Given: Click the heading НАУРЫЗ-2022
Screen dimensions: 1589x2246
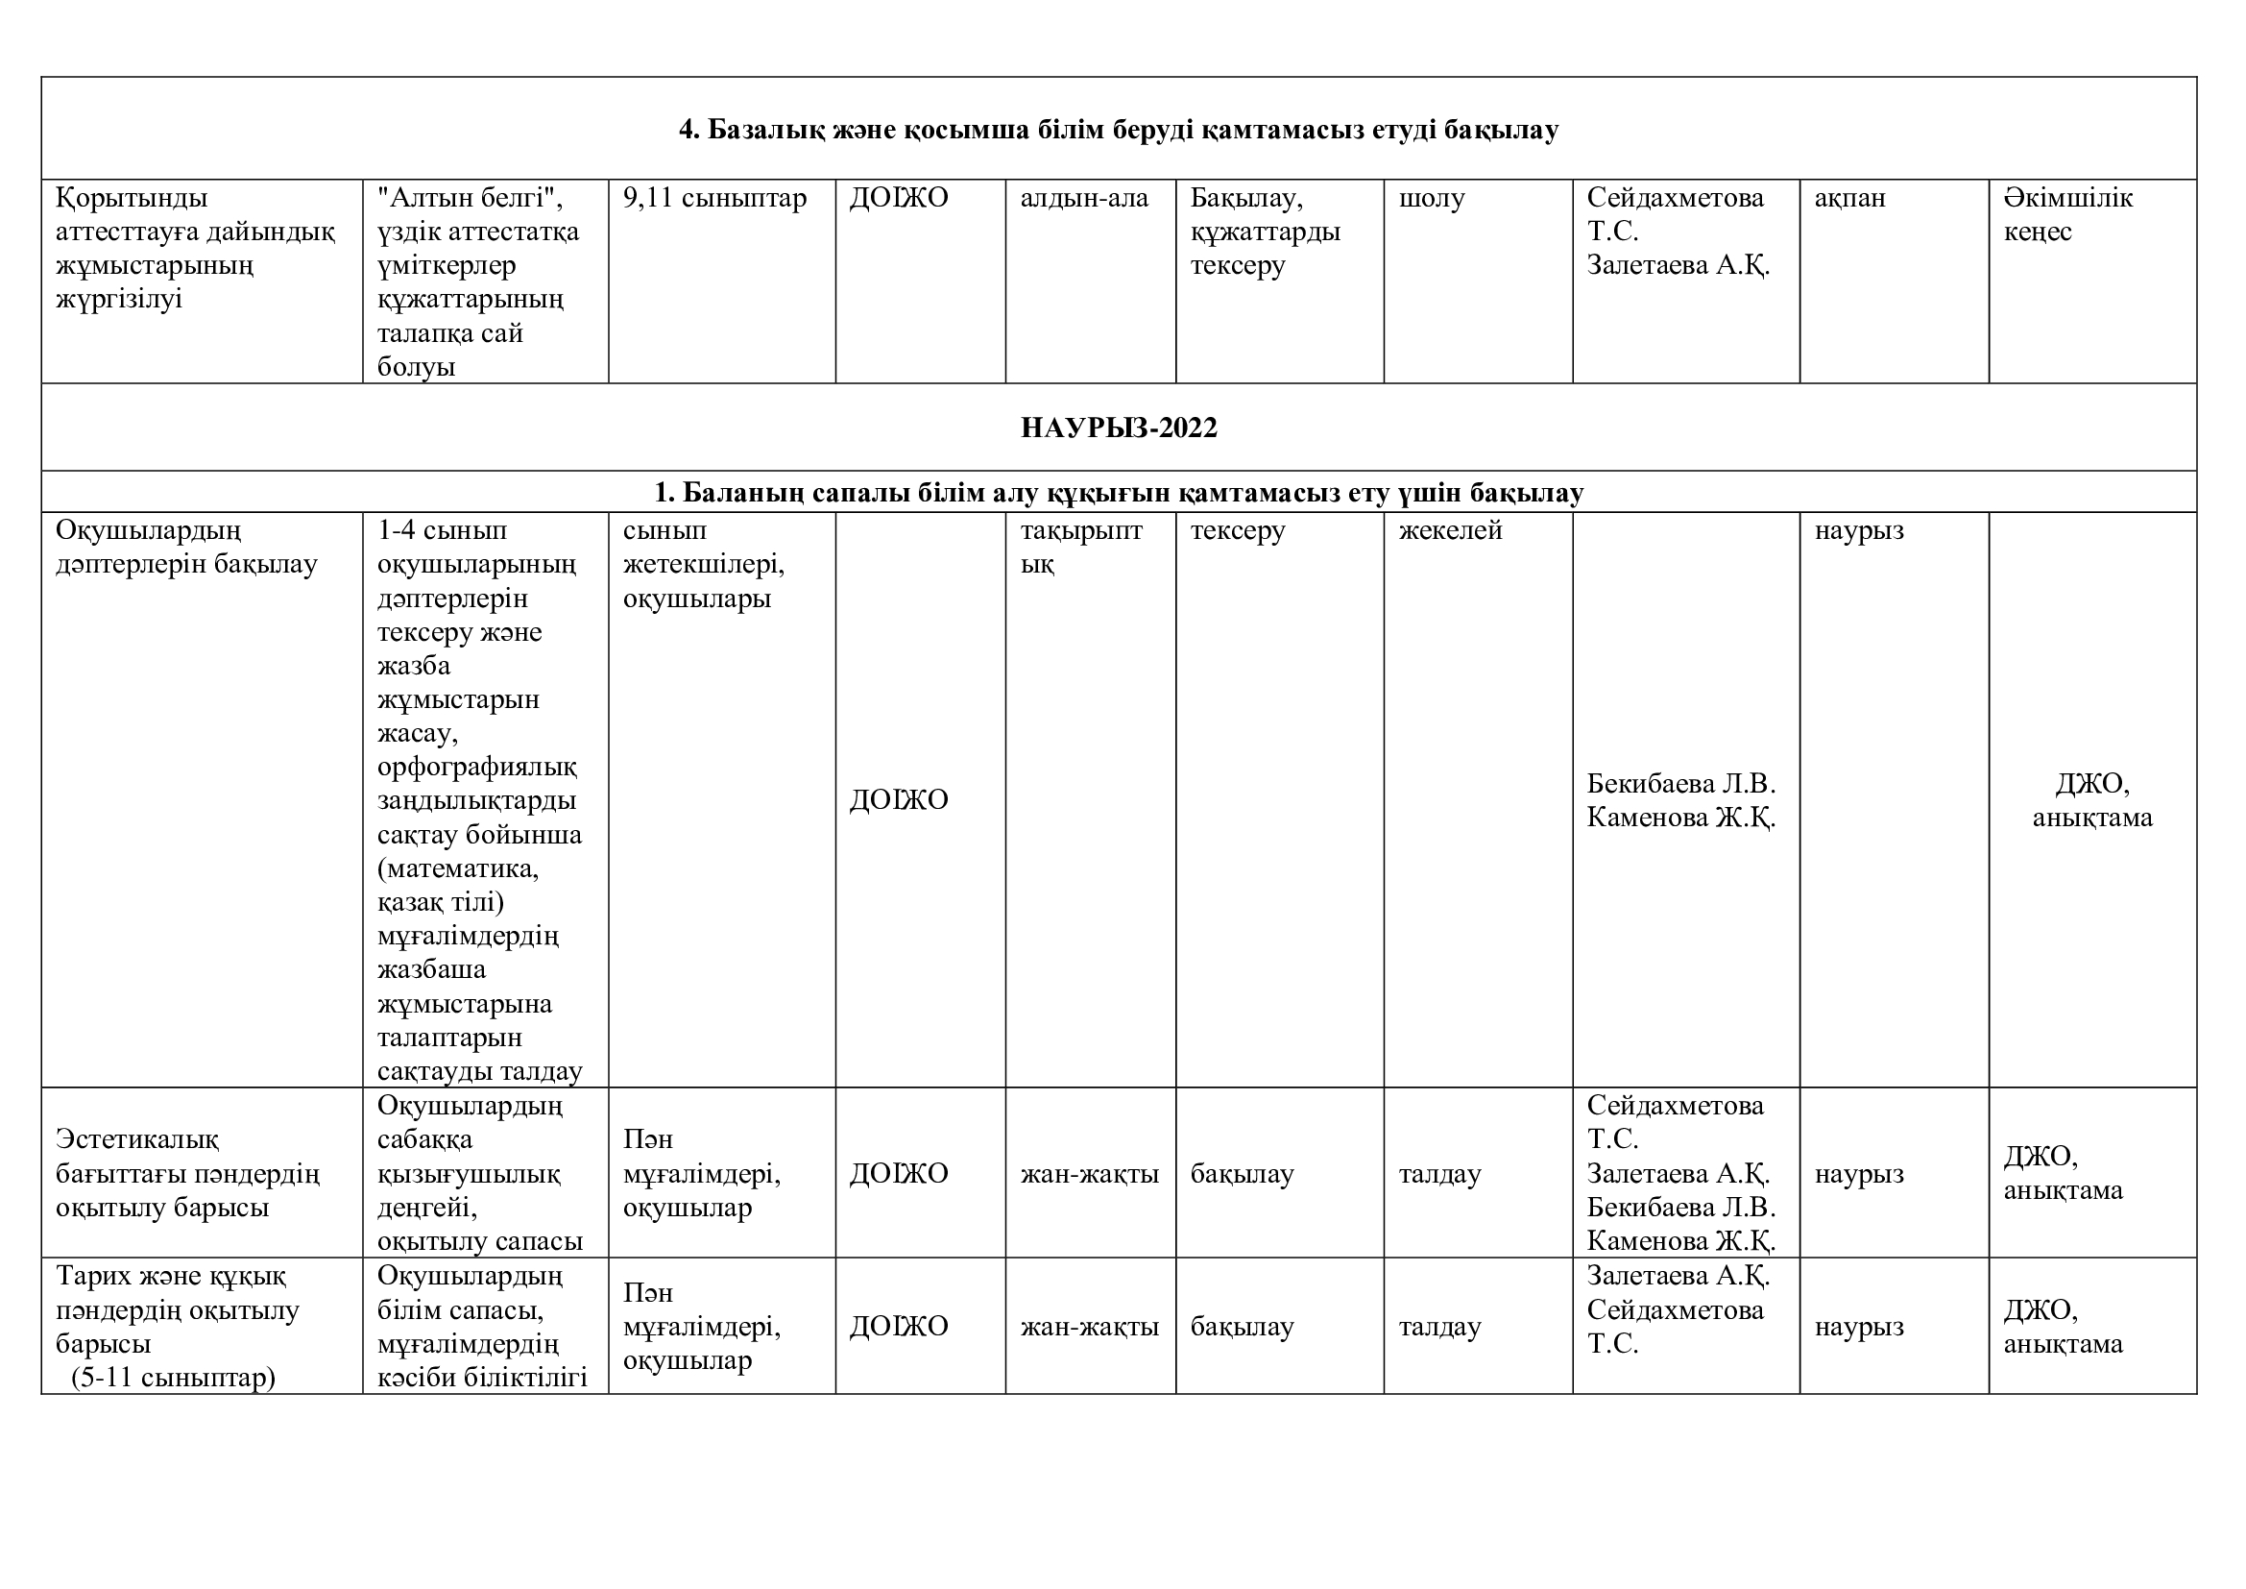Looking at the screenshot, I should pyautogui.click(x=1118, y=428).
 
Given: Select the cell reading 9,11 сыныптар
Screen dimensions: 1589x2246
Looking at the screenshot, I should pyautogui.click(x=714, y=199).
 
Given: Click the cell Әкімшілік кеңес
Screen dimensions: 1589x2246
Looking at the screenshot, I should pyautogui.click(x=2067, y=214).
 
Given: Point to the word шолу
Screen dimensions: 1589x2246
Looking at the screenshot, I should pyautogui.click(x=1431, y=199).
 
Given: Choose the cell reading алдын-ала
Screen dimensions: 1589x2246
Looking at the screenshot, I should pyautogui.click(x=1084, y=199).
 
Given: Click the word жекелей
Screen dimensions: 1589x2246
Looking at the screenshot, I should pyautogui.click(x=1450, y=530).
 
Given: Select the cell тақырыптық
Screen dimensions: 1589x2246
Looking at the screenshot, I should pyautogui.click(x=1081, y=547).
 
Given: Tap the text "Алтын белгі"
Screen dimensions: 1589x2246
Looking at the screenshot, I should pyautogui.click(x=470, y=199).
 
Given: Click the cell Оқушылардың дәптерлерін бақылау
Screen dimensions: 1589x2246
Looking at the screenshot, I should pyautogui.click(x=186, y=547).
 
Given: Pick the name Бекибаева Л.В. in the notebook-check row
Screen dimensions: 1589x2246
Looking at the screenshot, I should pyautogui.click(x=1680, y=784).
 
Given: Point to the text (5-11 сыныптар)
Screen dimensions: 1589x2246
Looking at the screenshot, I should pyautogui.click(x=174, y=1378).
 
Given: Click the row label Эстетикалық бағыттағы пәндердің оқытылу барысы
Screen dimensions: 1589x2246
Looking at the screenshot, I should pyautogui.click(x=187, y=1173).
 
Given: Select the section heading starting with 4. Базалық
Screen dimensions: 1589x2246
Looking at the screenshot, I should pyautogui.click(x=1118, y=129).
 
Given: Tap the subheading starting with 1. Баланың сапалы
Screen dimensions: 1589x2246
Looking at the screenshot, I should pyautogui.click(x=1118, y=493).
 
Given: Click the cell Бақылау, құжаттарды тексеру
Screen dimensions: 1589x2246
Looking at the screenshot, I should pyautogui.click(x=1265, y=232).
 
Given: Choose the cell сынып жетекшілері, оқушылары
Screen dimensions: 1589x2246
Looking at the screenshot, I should pyautogui.click(x=703, y=565).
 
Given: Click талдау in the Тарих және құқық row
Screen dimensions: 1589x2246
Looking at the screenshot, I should pyautogui.click(x=1440, y=1327).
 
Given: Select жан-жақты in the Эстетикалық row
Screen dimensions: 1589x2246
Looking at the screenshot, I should pyautogui.click(x=1089, y=1173).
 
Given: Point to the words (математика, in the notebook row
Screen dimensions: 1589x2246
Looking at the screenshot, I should pyautogui.click(x=458, y=868).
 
